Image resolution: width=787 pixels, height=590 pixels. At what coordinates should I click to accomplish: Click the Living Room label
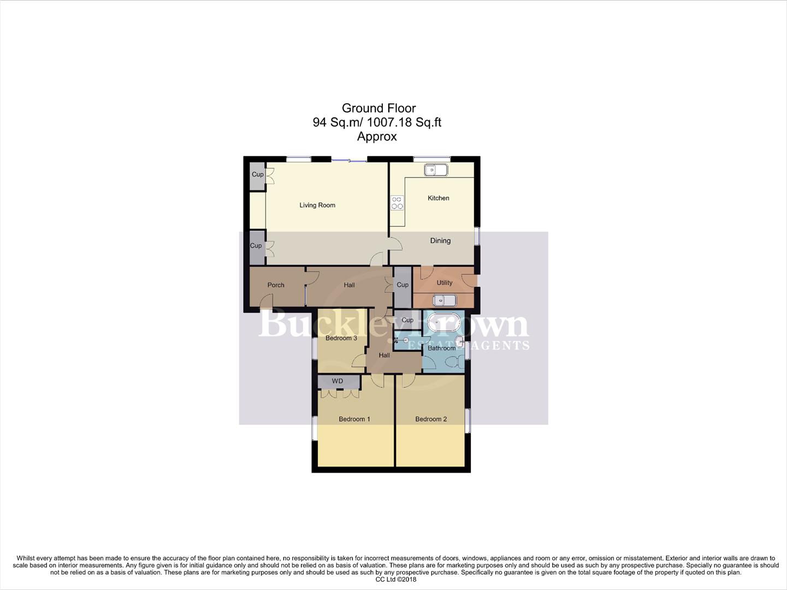317,205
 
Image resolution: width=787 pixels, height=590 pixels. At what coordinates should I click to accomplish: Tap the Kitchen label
438,198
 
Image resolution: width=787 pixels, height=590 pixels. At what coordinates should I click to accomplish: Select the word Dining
440,241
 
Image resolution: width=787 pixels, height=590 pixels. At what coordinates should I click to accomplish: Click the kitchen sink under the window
436,170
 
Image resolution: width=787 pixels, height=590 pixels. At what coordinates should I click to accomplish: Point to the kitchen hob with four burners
397,203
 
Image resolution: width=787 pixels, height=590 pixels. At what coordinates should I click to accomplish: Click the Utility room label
444,283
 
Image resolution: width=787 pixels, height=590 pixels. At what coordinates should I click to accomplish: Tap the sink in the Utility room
444,300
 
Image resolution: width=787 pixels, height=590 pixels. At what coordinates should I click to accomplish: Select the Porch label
276,285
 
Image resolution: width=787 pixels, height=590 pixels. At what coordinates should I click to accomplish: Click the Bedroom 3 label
341,338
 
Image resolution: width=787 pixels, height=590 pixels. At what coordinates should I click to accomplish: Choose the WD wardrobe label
338,381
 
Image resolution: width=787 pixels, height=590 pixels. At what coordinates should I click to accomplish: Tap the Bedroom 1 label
354,419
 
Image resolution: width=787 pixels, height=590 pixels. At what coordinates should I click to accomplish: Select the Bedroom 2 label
431,419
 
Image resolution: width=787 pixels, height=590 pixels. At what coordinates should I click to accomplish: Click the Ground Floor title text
378,108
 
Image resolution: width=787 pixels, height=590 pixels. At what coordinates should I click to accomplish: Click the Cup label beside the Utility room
403,285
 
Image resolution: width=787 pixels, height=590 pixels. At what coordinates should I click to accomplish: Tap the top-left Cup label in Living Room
257,175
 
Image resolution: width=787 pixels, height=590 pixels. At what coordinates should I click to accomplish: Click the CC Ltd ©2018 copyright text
395,579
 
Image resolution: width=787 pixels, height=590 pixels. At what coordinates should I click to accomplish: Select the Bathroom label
441,348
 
